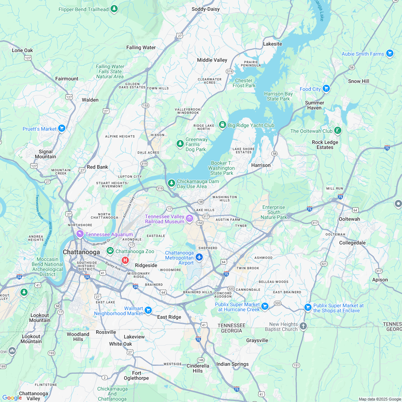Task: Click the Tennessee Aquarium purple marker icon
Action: [x=80, y=234]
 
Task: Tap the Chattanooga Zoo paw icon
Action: [x=110, y=251]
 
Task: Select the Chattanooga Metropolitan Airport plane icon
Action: [x=200, y=257]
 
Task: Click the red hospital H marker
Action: [x=125, y=260]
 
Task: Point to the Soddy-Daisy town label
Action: [x=206, y=9]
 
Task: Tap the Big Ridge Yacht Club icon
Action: [x=222, y=125]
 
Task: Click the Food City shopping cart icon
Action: [x=326, y=88]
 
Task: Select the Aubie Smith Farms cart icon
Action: [x=390, y=53]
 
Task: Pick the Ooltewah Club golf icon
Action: [x=337, y=130]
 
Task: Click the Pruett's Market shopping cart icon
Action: [x=62, y=128]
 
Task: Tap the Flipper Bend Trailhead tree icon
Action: [x=114, y=9]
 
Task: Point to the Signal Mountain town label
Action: [x=46, y=154]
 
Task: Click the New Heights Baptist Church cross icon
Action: [x=303, y=326]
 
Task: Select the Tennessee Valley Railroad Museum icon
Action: [x=190, y=218]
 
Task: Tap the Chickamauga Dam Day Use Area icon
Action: [x=172, y=183]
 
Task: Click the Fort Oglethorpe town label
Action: [x=136, y=375]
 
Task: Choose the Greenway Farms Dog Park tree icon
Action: [x=180, y=144]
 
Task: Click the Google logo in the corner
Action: [x=12, y=397]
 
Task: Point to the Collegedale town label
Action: [x=352, y=243]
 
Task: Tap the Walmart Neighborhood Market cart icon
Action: [x=148, y=310]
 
